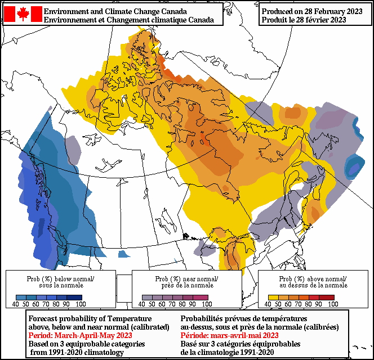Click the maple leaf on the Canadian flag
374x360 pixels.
[x=23, y=14]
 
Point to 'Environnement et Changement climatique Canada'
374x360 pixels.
[x=128, y=20]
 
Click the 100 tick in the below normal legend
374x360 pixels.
[x=81, y=304]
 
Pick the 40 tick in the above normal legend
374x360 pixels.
[x=268, y=304]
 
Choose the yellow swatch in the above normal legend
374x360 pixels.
[x=273, y=298]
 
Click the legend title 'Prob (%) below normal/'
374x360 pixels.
[x=61, y=279]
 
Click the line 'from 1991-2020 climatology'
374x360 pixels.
[x=77, y=352]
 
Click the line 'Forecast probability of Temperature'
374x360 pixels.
[x=90, y=318]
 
